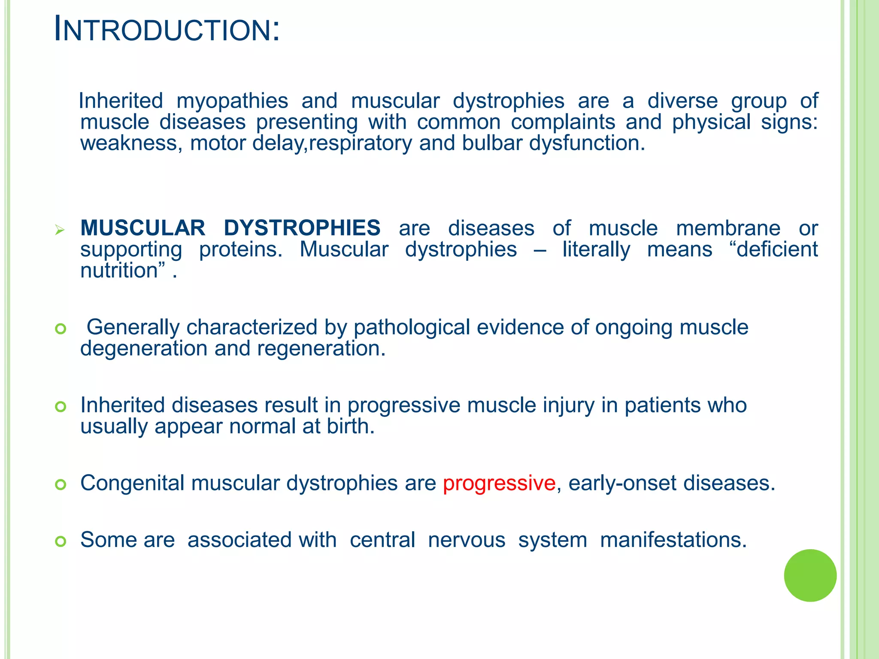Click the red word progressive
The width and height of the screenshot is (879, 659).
point(499,483)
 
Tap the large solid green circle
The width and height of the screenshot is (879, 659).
point(810,575)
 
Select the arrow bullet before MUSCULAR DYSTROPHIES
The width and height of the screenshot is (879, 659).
point(60,230)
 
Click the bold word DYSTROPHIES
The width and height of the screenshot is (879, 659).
point(302,228)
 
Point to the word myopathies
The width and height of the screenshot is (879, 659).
point(232,101)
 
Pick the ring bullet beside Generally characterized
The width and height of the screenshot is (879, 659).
point(61,329)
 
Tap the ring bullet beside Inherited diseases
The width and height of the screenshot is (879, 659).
point(61,406)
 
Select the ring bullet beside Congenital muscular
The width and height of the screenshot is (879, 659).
point(61,485)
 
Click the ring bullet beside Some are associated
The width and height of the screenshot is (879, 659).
point(61,541)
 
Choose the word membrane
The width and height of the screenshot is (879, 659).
point(728,228)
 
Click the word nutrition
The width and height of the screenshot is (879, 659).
point(119,271)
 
